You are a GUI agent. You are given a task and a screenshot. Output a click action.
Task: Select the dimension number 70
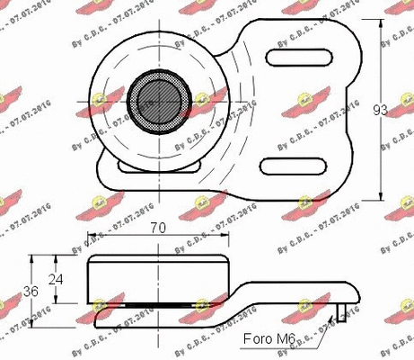[157, 230]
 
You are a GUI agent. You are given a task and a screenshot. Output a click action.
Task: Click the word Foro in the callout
[258, 339]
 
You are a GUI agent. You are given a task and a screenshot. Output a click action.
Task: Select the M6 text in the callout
[286, 339]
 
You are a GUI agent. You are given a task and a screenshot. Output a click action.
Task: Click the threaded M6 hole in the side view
[341, 311]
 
